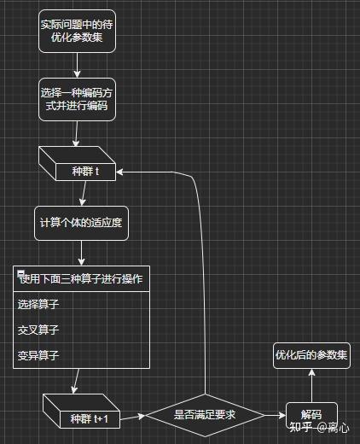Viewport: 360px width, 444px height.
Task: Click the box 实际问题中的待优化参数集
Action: click(x=77, y=32)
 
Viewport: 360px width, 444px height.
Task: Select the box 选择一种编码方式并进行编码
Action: click(x=77, y=100)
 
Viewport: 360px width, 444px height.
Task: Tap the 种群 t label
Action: click(x=85, y=172)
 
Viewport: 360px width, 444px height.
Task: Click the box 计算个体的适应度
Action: click(x=81, y=223)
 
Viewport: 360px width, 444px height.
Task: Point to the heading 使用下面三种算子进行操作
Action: click(x=81, y=279)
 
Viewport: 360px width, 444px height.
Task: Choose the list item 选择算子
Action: click(x=38, y=304)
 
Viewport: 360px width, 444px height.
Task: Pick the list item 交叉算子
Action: click(x=38, y=330)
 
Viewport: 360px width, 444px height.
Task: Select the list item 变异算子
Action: click(x=38, y=355)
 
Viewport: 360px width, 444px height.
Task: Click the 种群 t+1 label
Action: click(x=90, y=419)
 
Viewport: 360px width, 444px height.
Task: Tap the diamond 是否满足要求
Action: click(x=205, y=415)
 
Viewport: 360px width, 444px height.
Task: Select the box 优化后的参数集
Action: click(x=311, y=355)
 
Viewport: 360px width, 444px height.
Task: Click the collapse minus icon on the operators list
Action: click(x=20, y=273)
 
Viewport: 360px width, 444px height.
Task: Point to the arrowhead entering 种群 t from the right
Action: click(x=119, y=172)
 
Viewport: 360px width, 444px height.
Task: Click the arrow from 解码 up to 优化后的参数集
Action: click(x=311, y=386)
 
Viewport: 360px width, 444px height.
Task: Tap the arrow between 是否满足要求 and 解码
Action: click(x=275, y=415)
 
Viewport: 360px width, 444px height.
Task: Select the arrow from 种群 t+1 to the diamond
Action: click(x=132, y=418)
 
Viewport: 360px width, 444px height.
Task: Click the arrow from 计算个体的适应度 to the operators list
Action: click(x=81, y=254)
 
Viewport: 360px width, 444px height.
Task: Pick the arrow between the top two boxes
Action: click(x=77, y=66)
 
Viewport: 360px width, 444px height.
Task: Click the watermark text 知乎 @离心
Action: click(x=319, y=427)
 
